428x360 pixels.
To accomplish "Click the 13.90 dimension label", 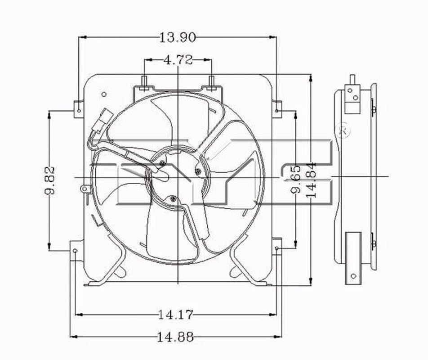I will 178,37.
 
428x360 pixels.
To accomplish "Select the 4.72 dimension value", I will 178,60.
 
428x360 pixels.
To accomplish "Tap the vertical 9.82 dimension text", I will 50,180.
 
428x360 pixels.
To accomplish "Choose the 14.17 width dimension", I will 175,315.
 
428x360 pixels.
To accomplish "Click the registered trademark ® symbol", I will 343,131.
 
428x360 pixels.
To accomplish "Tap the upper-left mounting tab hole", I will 79,109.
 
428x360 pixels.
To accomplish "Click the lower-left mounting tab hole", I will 75,251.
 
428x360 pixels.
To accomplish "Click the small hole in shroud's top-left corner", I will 104,94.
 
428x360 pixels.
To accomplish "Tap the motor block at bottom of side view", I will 353,258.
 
